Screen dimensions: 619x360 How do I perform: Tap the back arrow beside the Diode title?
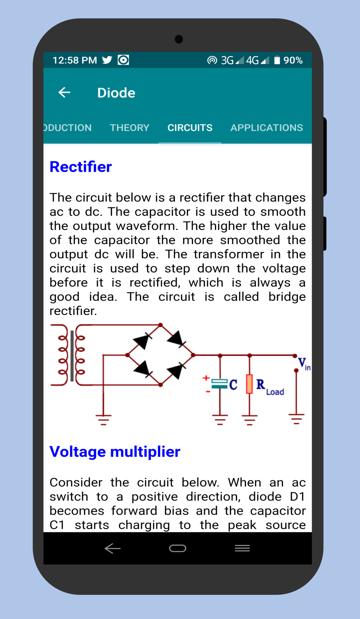pos(64,92)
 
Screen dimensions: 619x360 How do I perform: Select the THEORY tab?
pos(129,128)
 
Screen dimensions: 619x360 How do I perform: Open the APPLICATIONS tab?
pos(266,128)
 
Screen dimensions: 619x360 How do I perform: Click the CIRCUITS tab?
pos(190,128)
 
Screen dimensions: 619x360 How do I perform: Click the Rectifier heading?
pos(81,167)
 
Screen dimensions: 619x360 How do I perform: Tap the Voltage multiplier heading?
pos(115,452)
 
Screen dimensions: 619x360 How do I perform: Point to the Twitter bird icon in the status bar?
pos(107,60)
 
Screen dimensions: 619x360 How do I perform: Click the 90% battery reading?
pos(293,60)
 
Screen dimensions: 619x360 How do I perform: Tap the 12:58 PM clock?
pos(75,60)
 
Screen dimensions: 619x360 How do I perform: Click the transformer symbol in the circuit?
pos(72,355)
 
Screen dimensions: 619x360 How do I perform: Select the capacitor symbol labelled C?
pos(220,384)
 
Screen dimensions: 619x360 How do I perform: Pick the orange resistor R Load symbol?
pos(249,384)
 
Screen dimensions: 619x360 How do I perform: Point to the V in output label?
pos(303,363)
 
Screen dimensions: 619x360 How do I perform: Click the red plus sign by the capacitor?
pos(206,378)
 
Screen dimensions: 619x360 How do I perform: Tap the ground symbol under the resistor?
pos(249,419)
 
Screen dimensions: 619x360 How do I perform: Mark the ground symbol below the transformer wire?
pos(103,419)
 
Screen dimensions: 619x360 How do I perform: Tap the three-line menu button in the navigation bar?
pos(242,548)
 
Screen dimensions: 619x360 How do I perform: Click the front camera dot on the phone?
pos(179,39)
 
